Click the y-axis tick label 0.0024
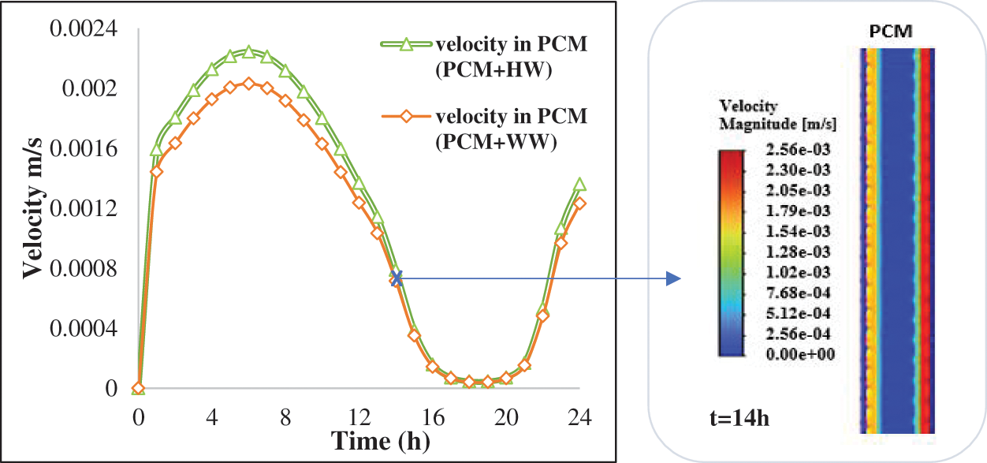tap(83, 29)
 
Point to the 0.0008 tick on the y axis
tap(83, 269)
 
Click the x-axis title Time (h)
tap(380, 440)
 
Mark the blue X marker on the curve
tap(396, 278)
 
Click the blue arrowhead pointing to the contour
tap(672, 278)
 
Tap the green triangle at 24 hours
tap(579, 185)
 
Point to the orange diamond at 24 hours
tap(579, 203)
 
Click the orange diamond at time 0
tap(138, 388)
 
